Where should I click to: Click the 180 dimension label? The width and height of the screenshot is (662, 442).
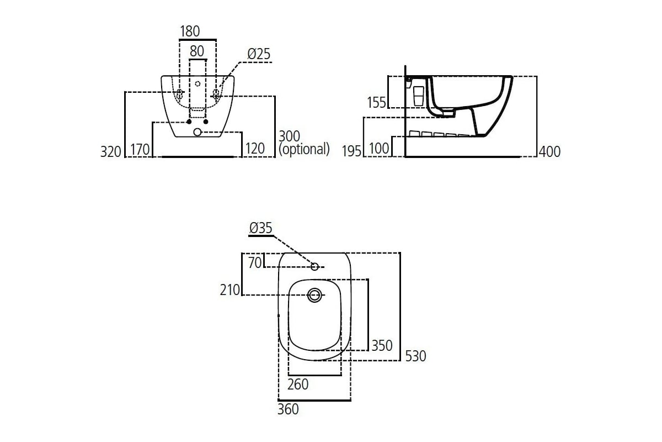(190, 31)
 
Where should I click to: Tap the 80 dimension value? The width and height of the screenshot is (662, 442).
(197, 51)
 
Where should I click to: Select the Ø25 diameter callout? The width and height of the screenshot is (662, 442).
(259, 54)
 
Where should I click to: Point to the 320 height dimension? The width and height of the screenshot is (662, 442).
(111, 151)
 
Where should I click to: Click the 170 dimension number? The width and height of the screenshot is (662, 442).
(140, 149)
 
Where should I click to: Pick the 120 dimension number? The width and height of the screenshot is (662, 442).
(255, 149)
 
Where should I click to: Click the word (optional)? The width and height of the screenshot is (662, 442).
(305, 149)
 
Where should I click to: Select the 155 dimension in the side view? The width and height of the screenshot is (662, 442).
(377, 102)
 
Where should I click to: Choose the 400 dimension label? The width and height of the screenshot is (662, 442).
(549, 151)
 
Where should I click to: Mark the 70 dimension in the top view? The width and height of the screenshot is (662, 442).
(255, 263)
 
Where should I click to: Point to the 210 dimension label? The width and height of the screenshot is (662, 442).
(230, 290)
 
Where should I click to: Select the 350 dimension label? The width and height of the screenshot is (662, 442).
(382, 346)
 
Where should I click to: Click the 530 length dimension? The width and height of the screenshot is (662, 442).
(415, 356)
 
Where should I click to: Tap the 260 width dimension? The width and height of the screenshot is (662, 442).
(298, 384)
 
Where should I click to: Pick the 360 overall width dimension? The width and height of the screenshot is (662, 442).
(288, 409)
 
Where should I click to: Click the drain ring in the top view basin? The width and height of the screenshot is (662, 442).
(314, 295)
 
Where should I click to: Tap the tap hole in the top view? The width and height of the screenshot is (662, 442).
(314, 266)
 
